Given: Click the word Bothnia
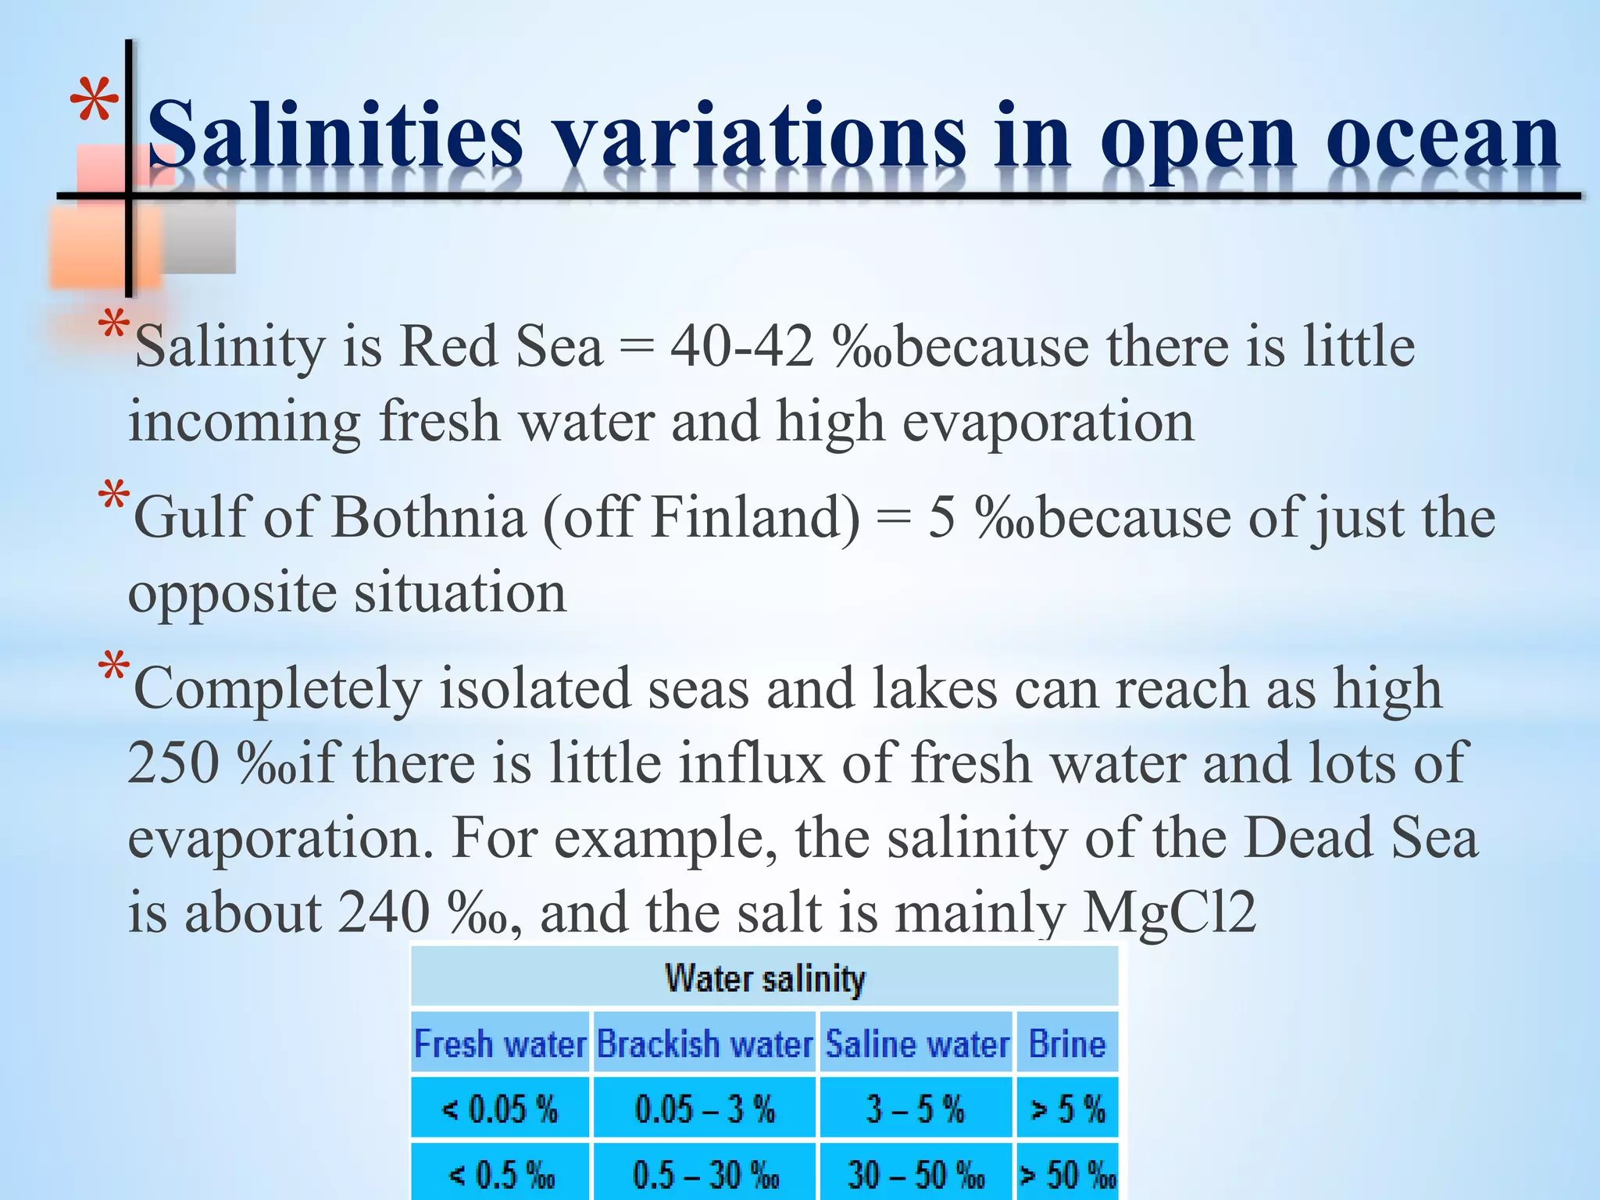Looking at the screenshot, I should [x=428, y=517].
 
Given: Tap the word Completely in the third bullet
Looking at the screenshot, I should [x=277, y=689].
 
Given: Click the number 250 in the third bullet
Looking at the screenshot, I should [x=173, y=763].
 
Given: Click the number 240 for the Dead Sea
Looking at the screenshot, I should [x=384, y=912].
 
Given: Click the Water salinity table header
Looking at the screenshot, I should [x=765, y=978].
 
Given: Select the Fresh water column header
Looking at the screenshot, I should [x=500, y=1044].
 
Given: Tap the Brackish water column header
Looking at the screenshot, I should [x=705, y=1044].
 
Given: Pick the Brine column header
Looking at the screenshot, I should [x=1067, y=1044].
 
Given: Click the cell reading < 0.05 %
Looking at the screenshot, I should [x=500, y=1109].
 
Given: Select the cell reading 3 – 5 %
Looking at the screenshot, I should [x=916, y=1109].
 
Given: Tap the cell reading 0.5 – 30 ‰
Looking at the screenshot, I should [x=705, y=1173].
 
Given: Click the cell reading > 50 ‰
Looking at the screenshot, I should [x=1067, y=1173].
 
